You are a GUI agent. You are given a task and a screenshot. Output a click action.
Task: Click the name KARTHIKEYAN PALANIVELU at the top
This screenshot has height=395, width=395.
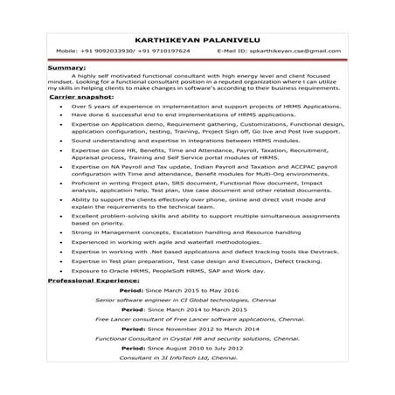pos(197,38)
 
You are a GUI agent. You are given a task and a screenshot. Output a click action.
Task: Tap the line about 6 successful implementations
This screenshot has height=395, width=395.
pos(184,114)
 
